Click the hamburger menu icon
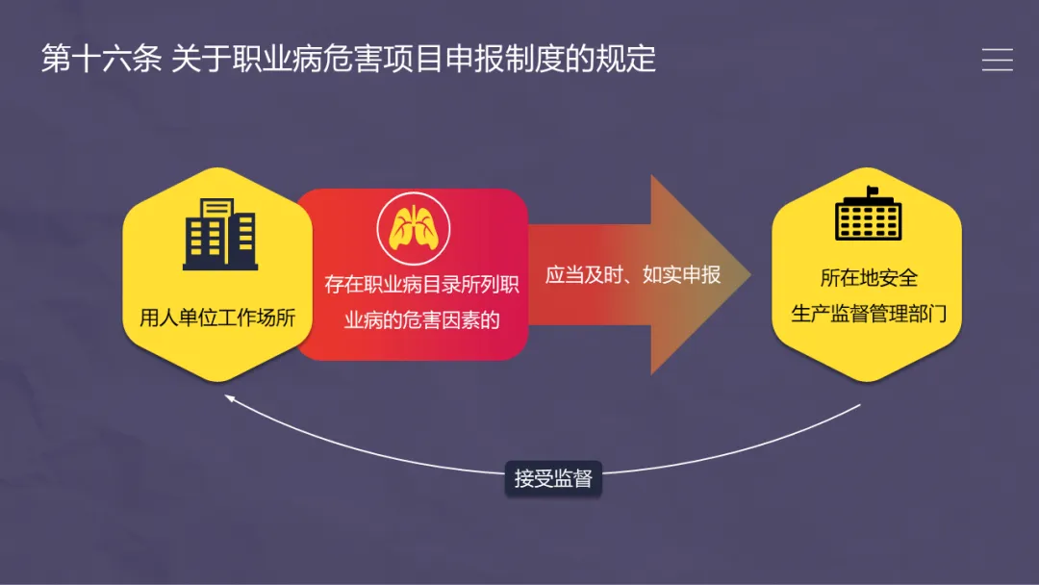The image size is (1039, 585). (997, 60)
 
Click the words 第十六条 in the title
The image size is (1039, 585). (101, 59)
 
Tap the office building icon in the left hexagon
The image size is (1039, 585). (219, 233)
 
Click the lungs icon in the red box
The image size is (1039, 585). (412, 229)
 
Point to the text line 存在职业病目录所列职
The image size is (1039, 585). (421, 286)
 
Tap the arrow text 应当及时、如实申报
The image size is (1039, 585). (632, 275)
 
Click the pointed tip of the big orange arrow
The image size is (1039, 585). (748, 274)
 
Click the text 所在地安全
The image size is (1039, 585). (869, 278)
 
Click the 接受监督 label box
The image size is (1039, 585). (552, 478)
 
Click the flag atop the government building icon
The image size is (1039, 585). (872, 190)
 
